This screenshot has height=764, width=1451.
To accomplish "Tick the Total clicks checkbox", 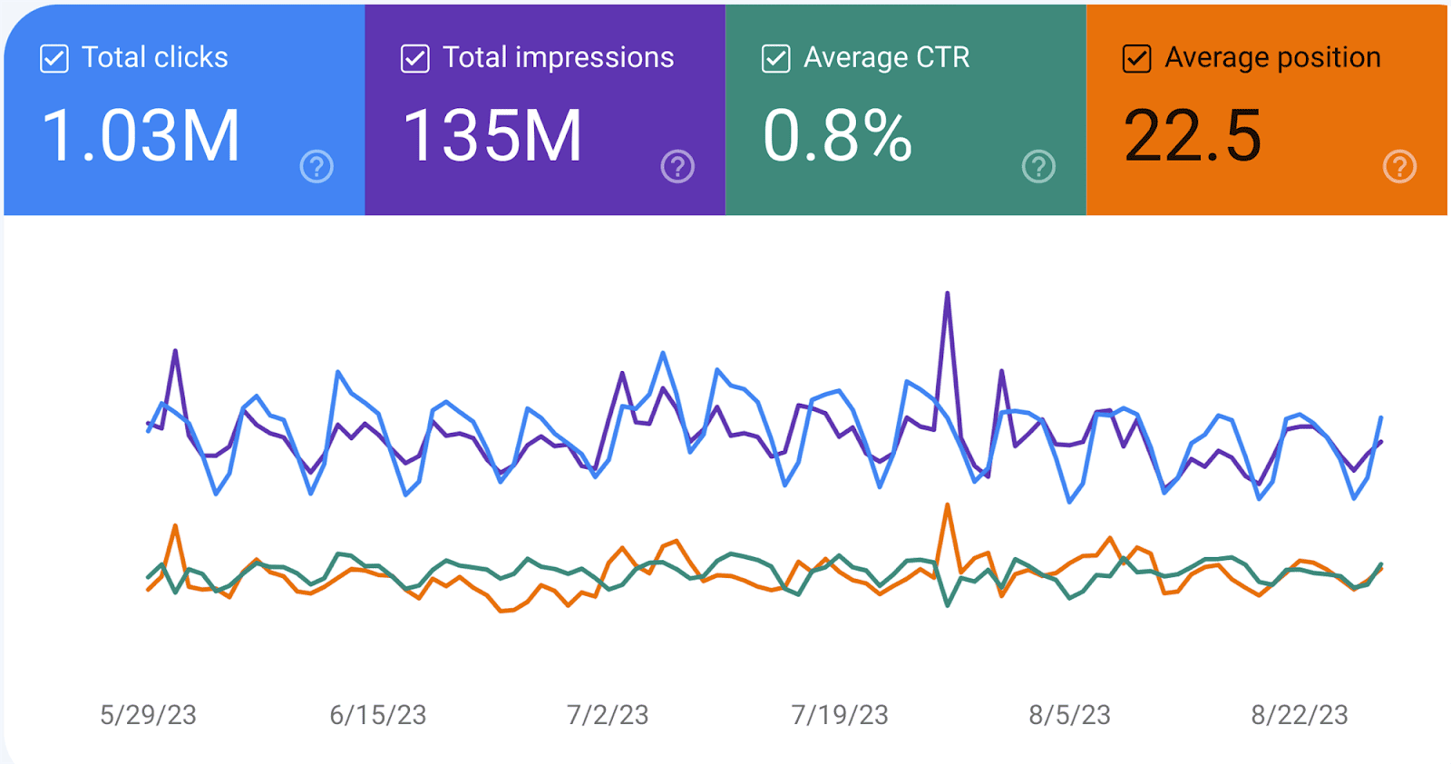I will click(54, 59).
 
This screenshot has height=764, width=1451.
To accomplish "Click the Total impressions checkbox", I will click(414, 59).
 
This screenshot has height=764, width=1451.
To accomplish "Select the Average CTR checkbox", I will click(775, 59).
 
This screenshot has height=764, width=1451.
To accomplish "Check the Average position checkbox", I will click(1136, 59).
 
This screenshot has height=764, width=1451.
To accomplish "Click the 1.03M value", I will click(141, 136).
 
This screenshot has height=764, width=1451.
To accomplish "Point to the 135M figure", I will click(492, 136).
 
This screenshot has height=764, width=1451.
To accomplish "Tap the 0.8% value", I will click(837, 136).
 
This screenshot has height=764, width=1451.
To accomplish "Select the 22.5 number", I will click(1193, 136).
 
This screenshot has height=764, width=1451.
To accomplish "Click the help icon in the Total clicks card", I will click(316, 167).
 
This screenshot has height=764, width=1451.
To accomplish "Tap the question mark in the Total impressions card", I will click(677, 167).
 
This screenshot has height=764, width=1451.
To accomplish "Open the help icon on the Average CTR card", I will click(1038, 167).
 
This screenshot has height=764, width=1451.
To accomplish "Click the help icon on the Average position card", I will click(1399, 167).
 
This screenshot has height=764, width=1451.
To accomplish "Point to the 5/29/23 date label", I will click(148, 715).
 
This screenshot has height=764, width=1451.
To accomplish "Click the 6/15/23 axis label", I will click(377, 715).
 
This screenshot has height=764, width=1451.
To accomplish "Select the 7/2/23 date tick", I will click(608, 715).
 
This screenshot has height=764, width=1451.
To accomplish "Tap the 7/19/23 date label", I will click(840, 715).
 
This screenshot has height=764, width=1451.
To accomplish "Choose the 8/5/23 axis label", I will click(1069, 715).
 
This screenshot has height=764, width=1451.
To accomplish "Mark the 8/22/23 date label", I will click(1300, 715).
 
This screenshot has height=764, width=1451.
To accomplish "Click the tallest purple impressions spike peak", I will click(948, 294).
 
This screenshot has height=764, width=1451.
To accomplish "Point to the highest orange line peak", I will click(948, 505).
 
